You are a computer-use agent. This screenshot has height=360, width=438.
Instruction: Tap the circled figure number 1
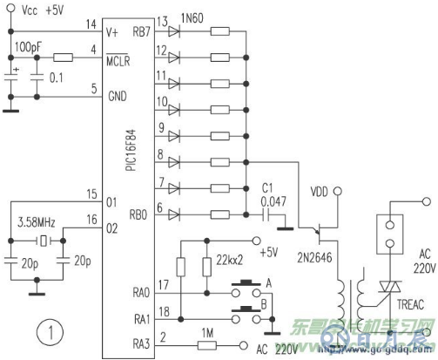pyautogui.click(x=51, y=332)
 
